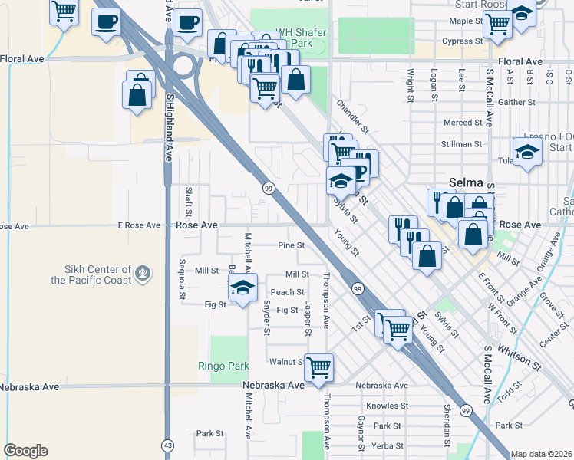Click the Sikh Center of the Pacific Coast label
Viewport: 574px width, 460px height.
(92, 274)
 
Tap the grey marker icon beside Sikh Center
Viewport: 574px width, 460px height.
(141, 271)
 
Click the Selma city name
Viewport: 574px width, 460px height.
(466, 184)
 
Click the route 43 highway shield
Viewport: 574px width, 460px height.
(167, 445)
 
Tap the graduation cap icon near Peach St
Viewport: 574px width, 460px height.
(243, 288)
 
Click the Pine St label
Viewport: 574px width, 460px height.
(292, 246)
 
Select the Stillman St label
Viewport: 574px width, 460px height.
(461, 143)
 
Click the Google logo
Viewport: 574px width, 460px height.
(25, 451)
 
